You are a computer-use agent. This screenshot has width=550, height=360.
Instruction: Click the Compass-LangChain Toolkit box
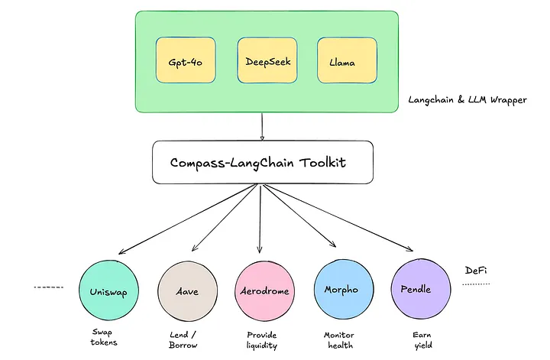(x=261, y=162)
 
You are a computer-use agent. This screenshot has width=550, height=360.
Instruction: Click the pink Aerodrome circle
(x=262, y=290)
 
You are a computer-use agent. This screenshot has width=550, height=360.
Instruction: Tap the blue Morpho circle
(x=341, y=290)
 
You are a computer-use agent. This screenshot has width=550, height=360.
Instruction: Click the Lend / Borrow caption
(x=183, y=339)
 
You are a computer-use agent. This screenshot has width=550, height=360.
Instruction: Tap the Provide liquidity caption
(x=262, y=339)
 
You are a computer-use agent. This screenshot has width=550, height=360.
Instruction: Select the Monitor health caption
(x=338, y=339)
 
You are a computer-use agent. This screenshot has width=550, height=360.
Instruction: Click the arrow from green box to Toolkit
(x=262, y=126)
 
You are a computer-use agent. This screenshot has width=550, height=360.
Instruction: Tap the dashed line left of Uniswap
(x=48, y=287)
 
